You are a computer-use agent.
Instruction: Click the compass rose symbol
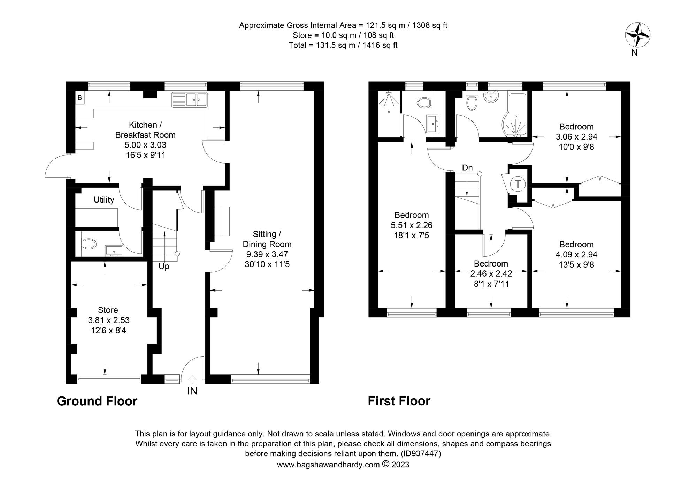point(637,34)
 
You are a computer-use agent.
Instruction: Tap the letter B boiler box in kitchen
point(80,98)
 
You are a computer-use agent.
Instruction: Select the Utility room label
point(104,200)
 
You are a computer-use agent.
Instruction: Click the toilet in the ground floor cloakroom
point(89,244)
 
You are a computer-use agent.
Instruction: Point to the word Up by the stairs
point(164,267)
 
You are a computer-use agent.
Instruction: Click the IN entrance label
point(192,391)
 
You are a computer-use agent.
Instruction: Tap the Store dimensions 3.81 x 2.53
point(108,320)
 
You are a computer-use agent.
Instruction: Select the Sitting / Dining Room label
point(267,239)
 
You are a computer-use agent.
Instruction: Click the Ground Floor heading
point(97,401)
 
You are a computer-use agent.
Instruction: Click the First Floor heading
point(399,401)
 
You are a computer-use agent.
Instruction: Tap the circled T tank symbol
point(518,184)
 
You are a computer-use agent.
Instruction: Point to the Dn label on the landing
point(467,168)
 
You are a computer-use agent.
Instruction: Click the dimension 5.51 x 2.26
point(411,225)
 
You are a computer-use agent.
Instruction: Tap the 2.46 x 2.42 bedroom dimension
point(491,274)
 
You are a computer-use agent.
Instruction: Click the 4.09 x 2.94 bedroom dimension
point(576,255)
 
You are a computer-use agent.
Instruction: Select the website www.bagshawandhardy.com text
point(328,465)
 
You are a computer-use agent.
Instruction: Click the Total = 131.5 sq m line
point(343,45)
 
